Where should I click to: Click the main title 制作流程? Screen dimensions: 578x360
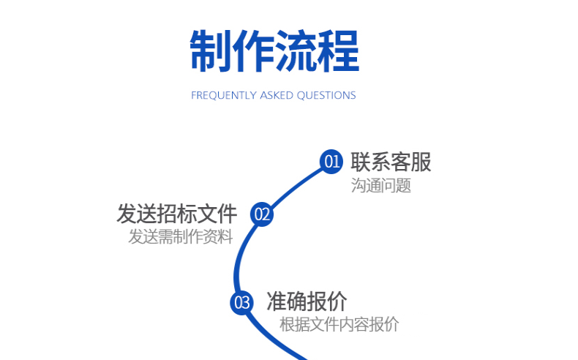click(274, 50)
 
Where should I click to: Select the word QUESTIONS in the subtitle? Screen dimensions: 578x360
click(326, 95)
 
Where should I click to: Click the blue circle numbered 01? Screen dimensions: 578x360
click(331, 161)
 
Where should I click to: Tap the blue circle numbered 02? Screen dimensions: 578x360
click(262, 214)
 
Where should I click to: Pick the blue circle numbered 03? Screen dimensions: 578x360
click(241, 302)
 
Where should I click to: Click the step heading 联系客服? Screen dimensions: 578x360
click(391, 162)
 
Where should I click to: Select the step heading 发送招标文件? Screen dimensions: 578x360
click(177, 214)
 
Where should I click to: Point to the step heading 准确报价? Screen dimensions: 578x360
click(307, 301)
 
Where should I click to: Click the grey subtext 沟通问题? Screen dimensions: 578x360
click(380, 185)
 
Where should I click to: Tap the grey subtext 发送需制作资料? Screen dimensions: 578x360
click(181, 237)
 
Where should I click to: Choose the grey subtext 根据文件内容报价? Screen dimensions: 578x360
click(339, 324)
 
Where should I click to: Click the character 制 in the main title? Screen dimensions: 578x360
click(211, 50)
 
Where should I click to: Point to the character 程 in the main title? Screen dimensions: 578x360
click(338, 50)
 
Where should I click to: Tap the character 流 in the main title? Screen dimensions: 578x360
click(296, 50)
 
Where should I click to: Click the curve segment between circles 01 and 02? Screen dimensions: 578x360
click(294, 183)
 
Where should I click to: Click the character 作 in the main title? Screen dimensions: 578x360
click(253, 50)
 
